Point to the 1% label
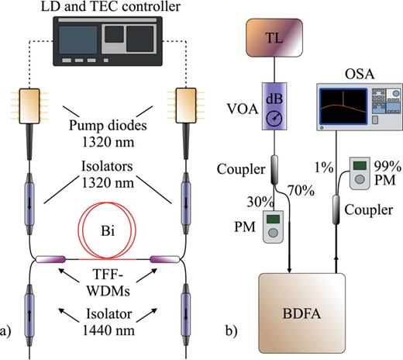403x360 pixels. pos(326,165)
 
